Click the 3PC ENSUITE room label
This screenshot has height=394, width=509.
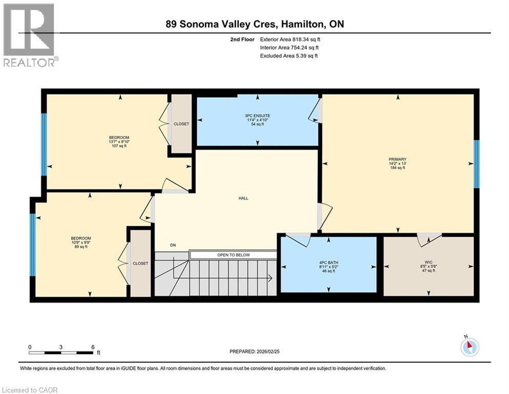pyautogui.click(x=257, y=116)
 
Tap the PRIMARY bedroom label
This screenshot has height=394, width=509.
pyautogui.click(x=397, y=159)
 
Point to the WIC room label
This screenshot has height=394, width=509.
pyautogui.click(x=429, y=262)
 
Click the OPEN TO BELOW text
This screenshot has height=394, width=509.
pyautogui.click(x=233, y=255)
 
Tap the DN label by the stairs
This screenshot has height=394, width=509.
pyautogui.click(x=173, y=245)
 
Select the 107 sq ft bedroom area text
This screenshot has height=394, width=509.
pyautogui.click(x=119, y=146)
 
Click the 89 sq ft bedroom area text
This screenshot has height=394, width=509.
pyautogui.click(x=81, y=247)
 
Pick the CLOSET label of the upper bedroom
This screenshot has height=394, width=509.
pyautogui.click(x=181, y=124)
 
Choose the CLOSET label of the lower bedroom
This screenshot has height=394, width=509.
pyautogui.click(x=140, y=263)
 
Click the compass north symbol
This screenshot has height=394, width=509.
pyautogui.click(x=470, y=347)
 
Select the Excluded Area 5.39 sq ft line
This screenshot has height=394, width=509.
pyautogui.click(x=289, y=55)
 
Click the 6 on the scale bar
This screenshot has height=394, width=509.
pyautogui.click(x=93, y=347)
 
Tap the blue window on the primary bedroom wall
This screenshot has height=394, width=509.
pyautogui.click(x=476, y=164)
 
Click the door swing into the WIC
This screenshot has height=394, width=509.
pyautogui.click(x=429, y=239)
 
